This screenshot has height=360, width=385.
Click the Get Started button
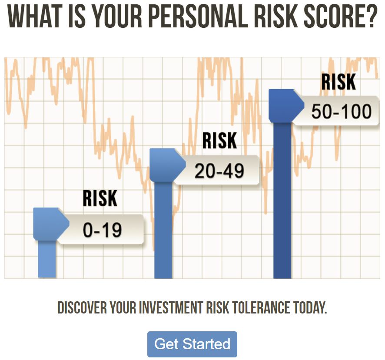pos(192,344)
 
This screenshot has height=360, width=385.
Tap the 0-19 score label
pos(102,230)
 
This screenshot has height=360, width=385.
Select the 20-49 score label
pos(219,170)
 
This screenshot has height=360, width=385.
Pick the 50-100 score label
pos(341,111)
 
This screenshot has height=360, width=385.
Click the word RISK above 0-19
pos(100,198)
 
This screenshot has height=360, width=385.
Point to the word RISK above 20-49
pos(219,140)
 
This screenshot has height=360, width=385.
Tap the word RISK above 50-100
pos(339,82)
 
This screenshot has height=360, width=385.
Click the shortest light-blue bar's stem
pos(47,259)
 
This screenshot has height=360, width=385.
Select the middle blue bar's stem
pos(163,230)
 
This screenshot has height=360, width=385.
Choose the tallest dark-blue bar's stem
pos(282,200)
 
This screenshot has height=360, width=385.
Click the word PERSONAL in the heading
pos(198,16)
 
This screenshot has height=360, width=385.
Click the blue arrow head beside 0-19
pos(51,224)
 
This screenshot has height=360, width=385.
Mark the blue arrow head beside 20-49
pos(167,165)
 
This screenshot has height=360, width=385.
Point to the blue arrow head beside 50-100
pos(286,106)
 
